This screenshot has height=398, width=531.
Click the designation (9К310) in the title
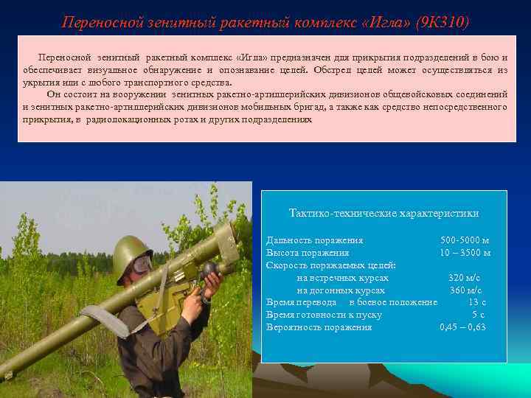(442, 23)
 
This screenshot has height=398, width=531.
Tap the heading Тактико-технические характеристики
(383, 213)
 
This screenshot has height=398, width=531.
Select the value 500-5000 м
(465, 240)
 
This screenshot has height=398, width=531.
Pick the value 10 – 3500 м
(465, 252)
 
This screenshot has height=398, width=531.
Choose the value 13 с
(476, 301)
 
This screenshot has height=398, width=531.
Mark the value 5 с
(478, 314)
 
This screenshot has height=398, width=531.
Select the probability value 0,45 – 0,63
(462, 327)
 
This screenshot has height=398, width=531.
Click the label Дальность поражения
(314, 240)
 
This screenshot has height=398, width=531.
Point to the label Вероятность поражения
(319, 327)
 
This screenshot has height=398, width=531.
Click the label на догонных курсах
(340, 290)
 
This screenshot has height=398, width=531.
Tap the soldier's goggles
(143, 264)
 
